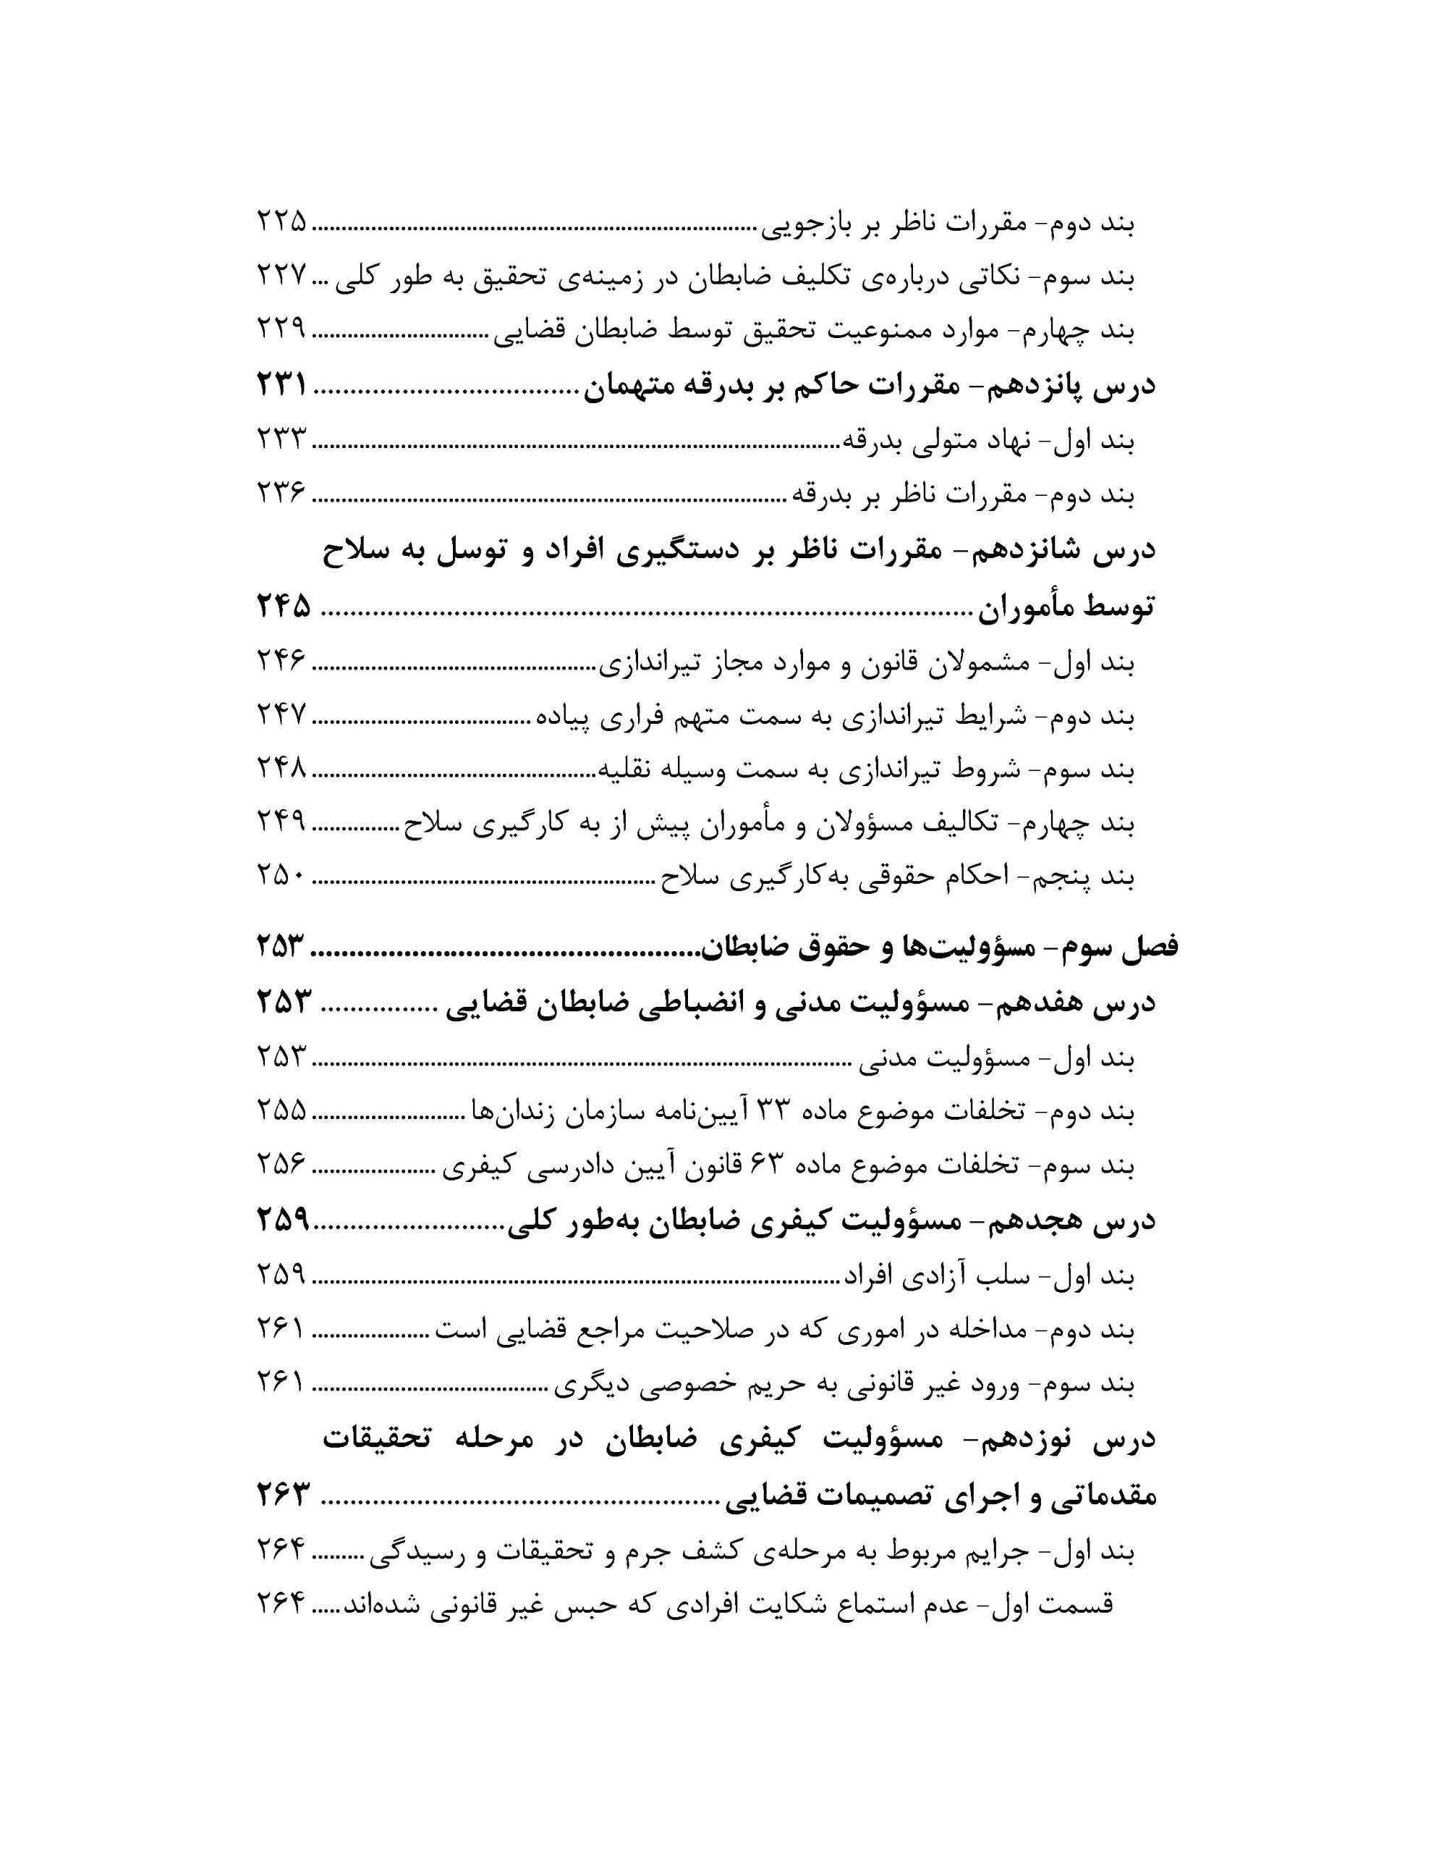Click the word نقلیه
click(626, 769)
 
